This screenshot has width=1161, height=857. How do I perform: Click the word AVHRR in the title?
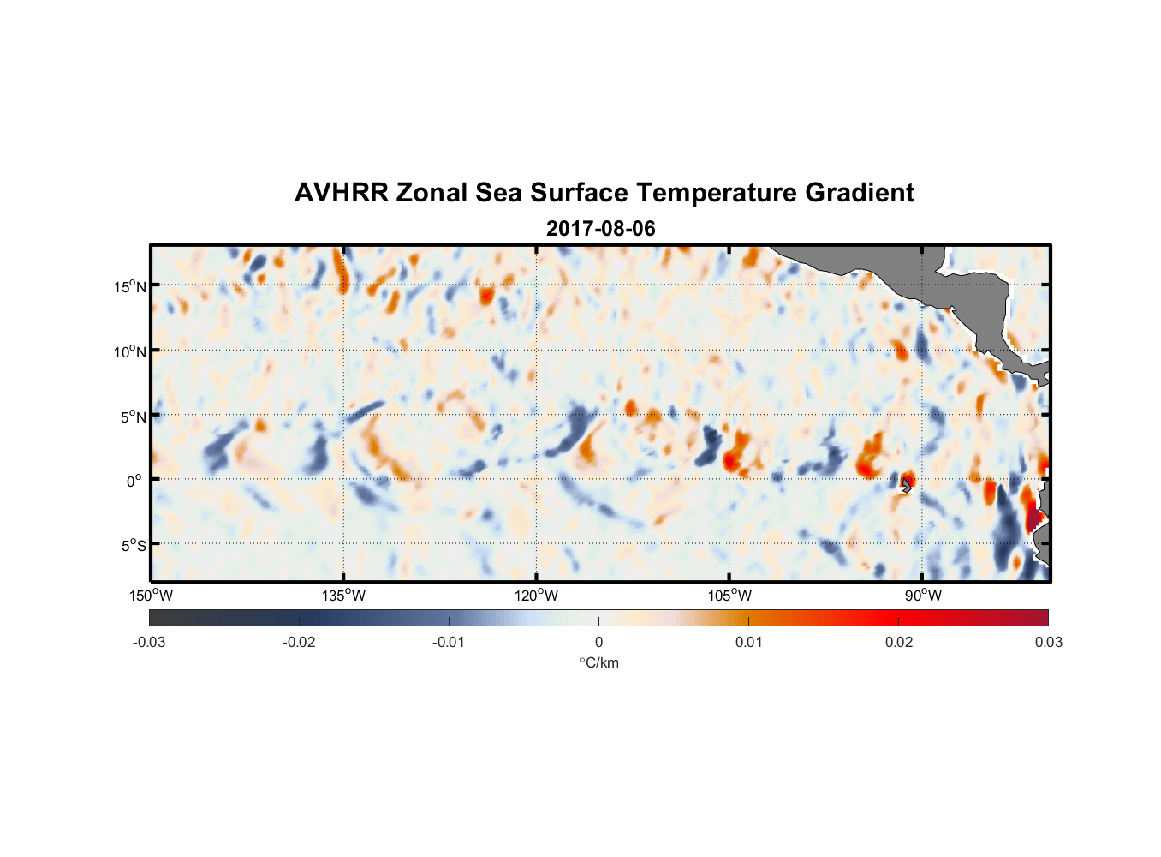click(x=341, y=193)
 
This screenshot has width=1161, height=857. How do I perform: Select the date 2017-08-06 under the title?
click(x=600, y=229)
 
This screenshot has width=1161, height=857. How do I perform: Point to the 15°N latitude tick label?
click(x=130, y=286)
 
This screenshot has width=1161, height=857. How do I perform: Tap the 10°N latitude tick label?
click(x=130, y=351)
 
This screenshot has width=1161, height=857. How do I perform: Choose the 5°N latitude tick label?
click(x=133, y=417)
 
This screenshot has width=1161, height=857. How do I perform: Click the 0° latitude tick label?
click(x=134, y=482)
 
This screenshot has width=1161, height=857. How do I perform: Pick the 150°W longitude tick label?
click(x=152, y=596)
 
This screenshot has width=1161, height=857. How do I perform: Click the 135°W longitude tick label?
click(x=344, y=596)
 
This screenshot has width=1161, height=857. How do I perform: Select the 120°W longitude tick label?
click(x=537, y=596)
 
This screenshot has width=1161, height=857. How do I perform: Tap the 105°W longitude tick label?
click(x=729, y=596)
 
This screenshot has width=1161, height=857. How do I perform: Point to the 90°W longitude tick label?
click(x=923, y=596)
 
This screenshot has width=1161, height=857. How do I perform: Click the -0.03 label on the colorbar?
click(x=149, y=642)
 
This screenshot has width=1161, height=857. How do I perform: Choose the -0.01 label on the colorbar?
click(x=449, y=642)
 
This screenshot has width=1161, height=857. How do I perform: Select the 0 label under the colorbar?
click(x=598, y=642)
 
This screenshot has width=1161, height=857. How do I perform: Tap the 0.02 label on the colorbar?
click(x=899, y=642)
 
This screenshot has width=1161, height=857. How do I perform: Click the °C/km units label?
click(x=598, y=662)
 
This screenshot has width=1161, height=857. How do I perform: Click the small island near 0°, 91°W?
click(x=906, y=485)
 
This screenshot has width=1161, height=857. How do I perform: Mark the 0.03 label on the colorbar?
click(x=1048, y=642)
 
